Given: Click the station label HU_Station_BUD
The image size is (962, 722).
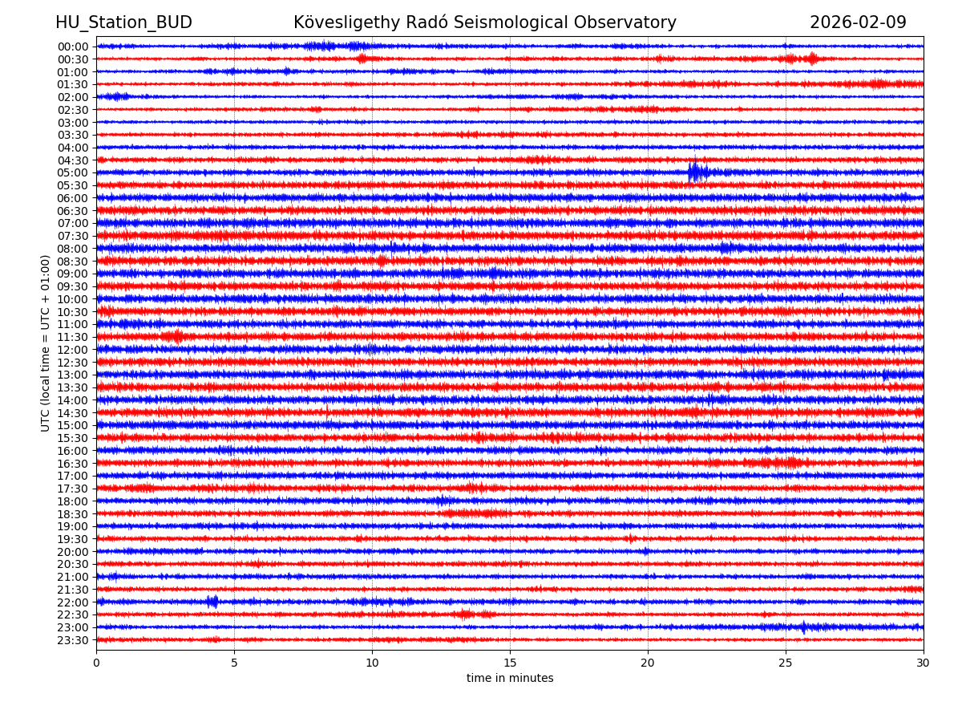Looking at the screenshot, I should point(123,22).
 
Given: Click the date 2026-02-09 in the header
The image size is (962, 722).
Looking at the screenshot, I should point(858,22).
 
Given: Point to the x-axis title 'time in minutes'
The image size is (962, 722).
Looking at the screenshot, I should point(510,678).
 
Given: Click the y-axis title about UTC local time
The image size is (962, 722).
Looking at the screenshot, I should point(46,343).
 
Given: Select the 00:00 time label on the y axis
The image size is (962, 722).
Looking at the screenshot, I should point(73,47).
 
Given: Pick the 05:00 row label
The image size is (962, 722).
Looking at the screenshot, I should point(73,172).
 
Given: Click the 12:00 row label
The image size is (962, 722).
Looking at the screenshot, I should point(73,350).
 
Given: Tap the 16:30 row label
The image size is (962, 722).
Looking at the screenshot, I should point(73,464).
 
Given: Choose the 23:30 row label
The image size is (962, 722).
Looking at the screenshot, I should point(73,640).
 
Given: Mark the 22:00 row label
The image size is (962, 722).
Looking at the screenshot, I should point(73,602).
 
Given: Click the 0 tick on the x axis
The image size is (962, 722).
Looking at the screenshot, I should point(96,663).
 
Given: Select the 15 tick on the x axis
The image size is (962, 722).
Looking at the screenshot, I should point(510,663).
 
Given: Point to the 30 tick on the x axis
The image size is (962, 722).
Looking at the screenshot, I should point(924,663).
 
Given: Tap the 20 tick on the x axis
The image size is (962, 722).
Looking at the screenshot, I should point(648,663).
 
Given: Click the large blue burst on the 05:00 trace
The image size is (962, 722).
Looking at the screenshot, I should point(694,172).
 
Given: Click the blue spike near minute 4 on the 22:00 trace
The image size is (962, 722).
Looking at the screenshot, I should point(212,602).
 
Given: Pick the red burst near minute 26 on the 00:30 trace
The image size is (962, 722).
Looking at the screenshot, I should point(811,59).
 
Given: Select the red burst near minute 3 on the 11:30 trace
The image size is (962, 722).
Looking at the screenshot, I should point(177,337).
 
